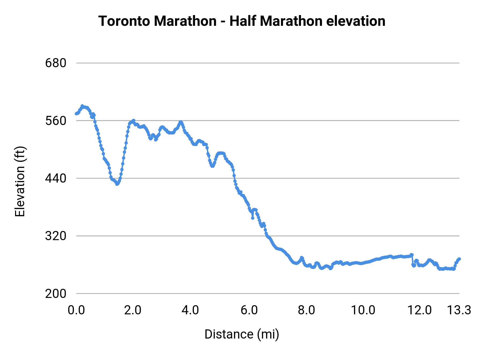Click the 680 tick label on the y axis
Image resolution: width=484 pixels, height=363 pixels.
pos(56,63)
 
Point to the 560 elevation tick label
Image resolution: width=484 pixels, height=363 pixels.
pos(56,121)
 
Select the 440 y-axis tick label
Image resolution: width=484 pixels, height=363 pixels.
pos(56,178)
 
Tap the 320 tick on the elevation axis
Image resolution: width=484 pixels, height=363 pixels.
pos(56,236)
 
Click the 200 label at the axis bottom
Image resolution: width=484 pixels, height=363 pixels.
pos(56,293)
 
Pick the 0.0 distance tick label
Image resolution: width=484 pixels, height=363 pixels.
pos(76,310)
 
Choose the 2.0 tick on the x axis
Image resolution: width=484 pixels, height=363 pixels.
pos(133,310)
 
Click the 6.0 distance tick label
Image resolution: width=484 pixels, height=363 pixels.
pos(249,310)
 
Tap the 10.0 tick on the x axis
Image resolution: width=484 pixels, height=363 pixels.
pos(363,310)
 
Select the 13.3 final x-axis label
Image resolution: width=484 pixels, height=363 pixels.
pos(459,310)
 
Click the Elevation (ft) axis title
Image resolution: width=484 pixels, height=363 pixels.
pos(20,181)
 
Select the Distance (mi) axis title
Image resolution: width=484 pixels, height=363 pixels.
pos(242,334)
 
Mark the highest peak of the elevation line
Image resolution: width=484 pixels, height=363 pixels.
pos(82,106)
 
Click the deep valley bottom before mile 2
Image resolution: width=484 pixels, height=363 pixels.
pos(117,184)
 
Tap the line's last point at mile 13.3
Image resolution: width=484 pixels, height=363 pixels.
pos(460,259)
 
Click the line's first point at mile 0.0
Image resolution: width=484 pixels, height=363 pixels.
pos(76,114)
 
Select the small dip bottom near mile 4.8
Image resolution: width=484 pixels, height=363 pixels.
pos(212,166)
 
